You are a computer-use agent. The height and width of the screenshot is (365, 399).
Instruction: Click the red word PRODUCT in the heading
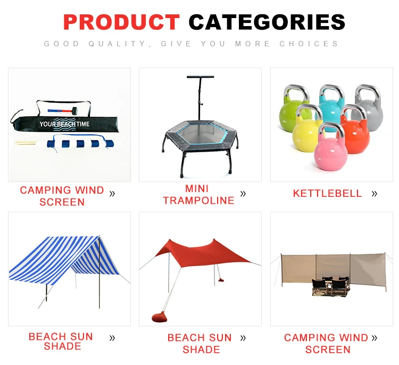point(121,22)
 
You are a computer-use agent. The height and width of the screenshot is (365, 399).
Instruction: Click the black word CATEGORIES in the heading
point(267,22)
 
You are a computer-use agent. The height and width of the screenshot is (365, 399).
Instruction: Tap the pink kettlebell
point(330,147)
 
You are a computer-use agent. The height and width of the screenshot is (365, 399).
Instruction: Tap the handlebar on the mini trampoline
point(200,77)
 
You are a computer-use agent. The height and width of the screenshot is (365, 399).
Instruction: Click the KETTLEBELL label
point(327,194)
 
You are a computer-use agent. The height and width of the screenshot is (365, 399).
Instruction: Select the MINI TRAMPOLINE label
point(198,195)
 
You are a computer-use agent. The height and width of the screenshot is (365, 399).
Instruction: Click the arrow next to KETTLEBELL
point(374,194)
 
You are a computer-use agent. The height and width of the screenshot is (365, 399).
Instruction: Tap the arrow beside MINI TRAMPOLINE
point(243,194)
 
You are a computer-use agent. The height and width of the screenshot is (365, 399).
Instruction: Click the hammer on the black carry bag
point(62,111)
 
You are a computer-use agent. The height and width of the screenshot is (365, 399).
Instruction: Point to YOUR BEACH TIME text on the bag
point(64,124)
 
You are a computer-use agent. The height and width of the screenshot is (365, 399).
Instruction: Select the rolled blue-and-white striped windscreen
point(81,144)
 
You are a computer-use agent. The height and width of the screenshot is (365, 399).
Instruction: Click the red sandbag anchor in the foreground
point(159,317)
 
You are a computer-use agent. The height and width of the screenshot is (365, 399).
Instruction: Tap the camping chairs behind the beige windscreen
point(330,286)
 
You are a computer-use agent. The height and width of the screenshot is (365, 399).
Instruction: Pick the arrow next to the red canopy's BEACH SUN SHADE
point(243,338)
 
